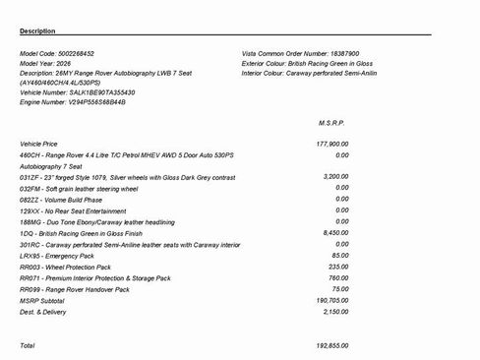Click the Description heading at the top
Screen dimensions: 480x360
37,31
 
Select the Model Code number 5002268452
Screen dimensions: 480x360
85,52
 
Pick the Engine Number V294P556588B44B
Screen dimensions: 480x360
98,101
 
